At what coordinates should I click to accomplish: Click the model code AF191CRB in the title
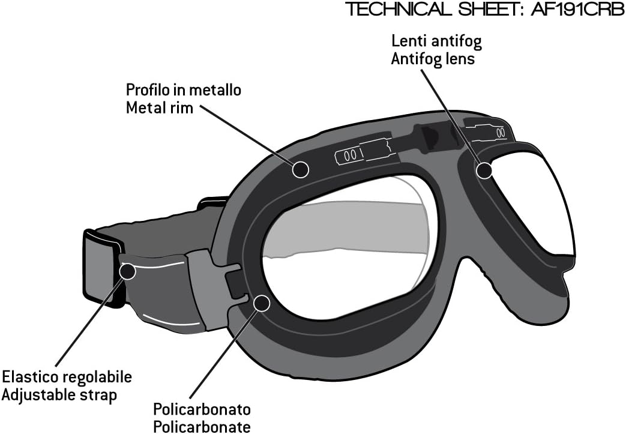pos(578,9)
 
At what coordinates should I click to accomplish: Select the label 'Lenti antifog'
pos(436,41)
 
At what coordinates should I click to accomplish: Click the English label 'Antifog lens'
pos(433,59)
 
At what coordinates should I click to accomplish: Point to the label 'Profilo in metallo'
pos(184,90)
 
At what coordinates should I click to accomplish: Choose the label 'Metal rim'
pos(159,107)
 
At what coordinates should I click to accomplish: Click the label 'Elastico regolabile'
pos(67,377)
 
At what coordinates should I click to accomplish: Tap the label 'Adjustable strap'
pos(59,395)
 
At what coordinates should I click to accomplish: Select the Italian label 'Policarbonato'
pos(202,409)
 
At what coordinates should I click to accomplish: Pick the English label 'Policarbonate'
pos(202,426)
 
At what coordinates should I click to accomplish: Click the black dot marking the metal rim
pos(300,169)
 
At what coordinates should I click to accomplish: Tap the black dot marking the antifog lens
pos(484,170)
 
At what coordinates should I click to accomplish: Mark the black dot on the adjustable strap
pos(128,271)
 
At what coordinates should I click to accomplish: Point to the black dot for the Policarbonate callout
pos(262,303)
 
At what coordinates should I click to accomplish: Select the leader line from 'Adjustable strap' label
pos(89,322)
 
